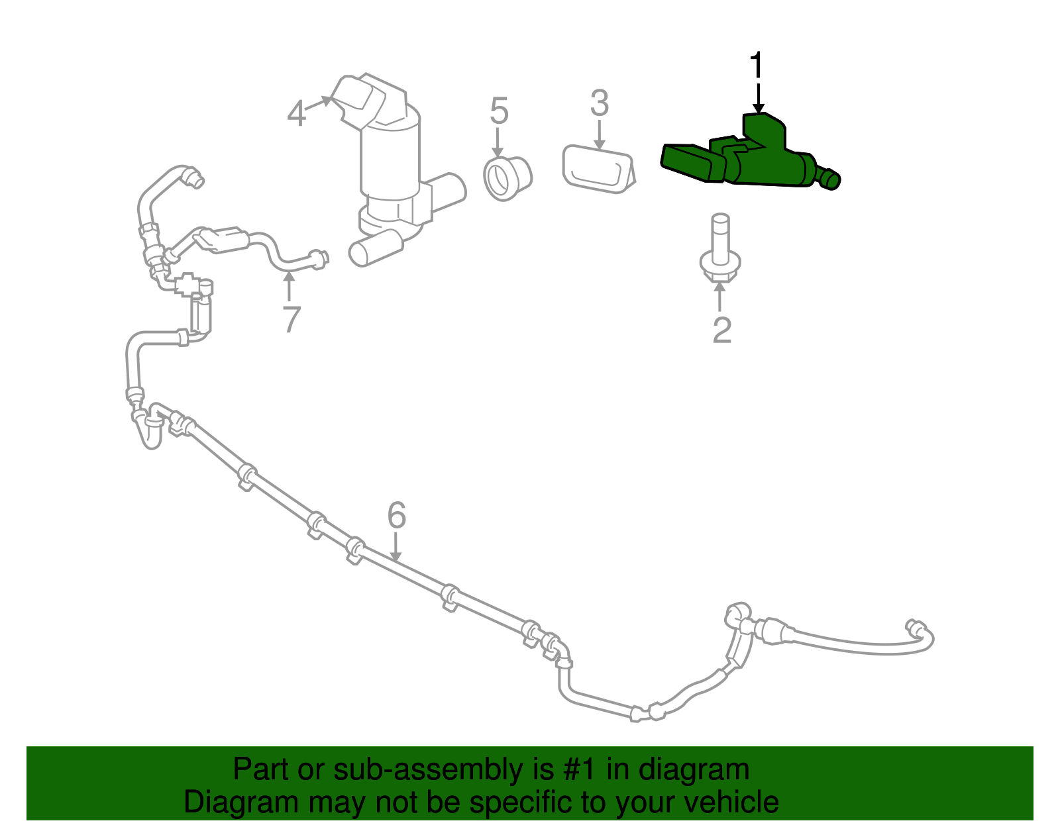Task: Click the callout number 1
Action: coord(757,66)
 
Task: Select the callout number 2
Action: coord(721,330)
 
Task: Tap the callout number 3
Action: coord(599,104)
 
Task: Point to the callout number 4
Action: coord(296,114)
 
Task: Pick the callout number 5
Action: coord(499,111)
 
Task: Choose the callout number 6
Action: coord(396,515)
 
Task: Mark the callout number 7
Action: coord(291,320)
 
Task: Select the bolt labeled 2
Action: coord(719,252)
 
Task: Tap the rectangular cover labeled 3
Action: coord(596,169)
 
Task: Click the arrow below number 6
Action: coord(396,550)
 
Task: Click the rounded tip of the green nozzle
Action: coord(831,179)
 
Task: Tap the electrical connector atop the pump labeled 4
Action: coord(361,99)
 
